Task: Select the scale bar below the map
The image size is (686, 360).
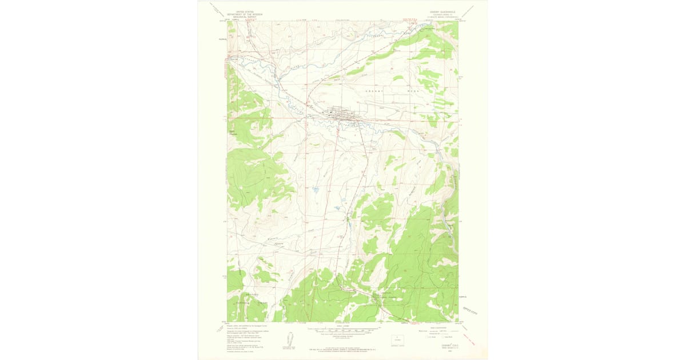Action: point(343,330)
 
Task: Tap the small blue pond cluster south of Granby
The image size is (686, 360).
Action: point(315,188)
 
